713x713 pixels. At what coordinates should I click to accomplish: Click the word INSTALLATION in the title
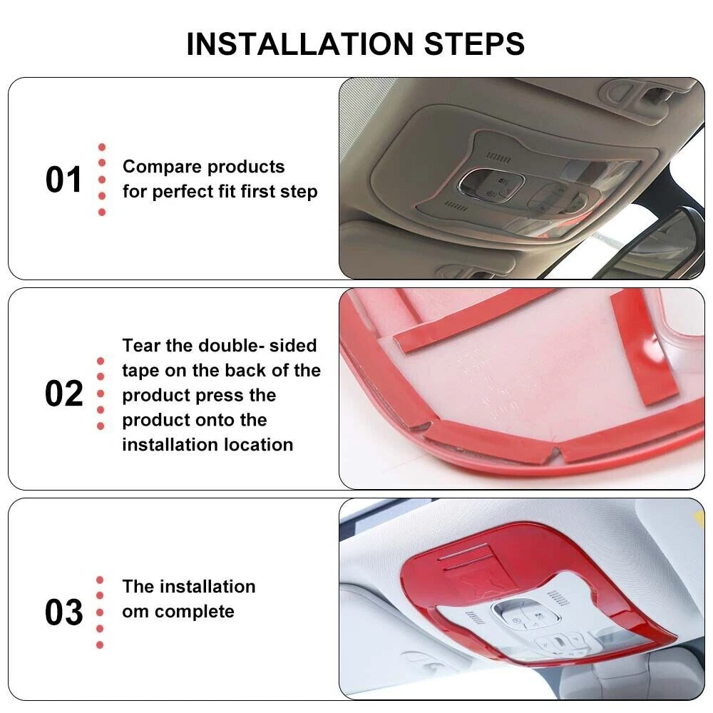300,44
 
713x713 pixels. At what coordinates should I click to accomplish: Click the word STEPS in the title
474,44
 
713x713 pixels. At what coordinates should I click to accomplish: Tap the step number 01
63,180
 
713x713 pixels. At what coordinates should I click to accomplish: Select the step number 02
63,394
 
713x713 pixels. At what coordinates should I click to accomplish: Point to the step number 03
63,612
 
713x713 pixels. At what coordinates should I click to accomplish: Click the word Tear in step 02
140,346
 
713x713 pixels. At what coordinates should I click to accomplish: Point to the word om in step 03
135,612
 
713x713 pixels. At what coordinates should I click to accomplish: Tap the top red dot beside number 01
102,147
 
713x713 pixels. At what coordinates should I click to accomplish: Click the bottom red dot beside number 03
100,645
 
